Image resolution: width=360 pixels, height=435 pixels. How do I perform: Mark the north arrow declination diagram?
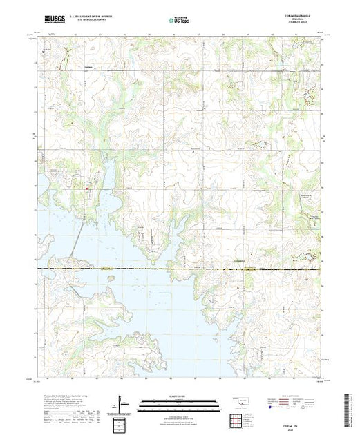tap(120, 403)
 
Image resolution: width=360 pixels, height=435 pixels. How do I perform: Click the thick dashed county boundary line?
tap(173, 267)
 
